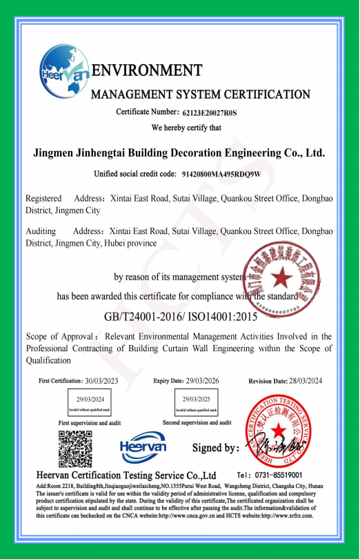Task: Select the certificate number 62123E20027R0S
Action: pyautogui.click(x=210, y=112)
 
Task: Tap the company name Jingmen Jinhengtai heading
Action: pyautogui.click(x=179, y=153)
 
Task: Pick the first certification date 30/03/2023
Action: pyautogui.click(x=102, y=381)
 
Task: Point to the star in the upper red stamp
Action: pyautogui.click(x=280, y=278)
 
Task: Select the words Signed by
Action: pyautogui.click(x=214, y=448)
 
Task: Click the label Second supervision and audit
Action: pyautogui.click(x=198, y=422)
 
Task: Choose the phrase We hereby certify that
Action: pyautogui.click(x=186, y=127)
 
